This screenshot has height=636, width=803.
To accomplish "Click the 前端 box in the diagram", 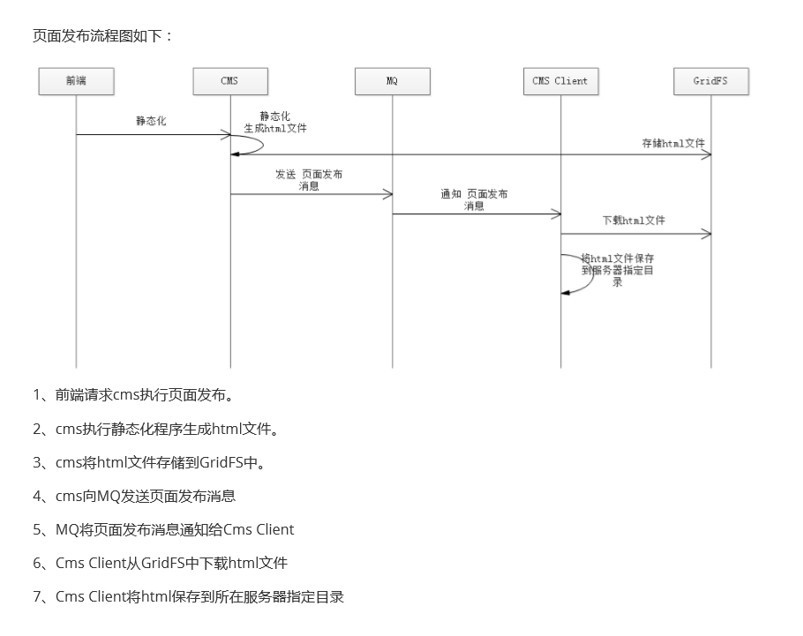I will (77, 81).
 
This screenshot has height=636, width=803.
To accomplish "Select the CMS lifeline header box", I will (230, 81).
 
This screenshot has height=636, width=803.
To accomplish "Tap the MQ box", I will (393, 81).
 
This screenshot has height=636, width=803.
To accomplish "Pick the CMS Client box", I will (560, 81).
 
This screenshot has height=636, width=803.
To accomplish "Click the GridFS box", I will (710, 81).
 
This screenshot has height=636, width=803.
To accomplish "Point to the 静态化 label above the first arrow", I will (151, 122).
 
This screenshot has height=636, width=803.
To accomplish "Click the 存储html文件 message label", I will (672, 142).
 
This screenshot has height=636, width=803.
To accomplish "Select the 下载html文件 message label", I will (634, 220).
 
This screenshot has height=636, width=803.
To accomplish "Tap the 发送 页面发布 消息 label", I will (309, 180).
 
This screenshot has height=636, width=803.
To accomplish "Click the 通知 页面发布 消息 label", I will (474, 199).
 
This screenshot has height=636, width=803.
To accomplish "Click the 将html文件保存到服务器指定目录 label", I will (618, 270).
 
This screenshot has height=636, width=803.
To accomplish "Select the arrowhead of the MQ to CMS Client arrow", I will (557, 213).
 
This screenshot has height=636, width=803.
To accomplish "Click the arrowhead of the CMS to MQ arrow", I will (388, 194).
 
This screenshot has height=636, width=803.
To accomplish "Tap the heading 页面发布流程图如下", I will (103, 35).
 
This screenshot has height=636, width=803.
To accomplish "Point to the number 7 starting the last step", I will (38, 596).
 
